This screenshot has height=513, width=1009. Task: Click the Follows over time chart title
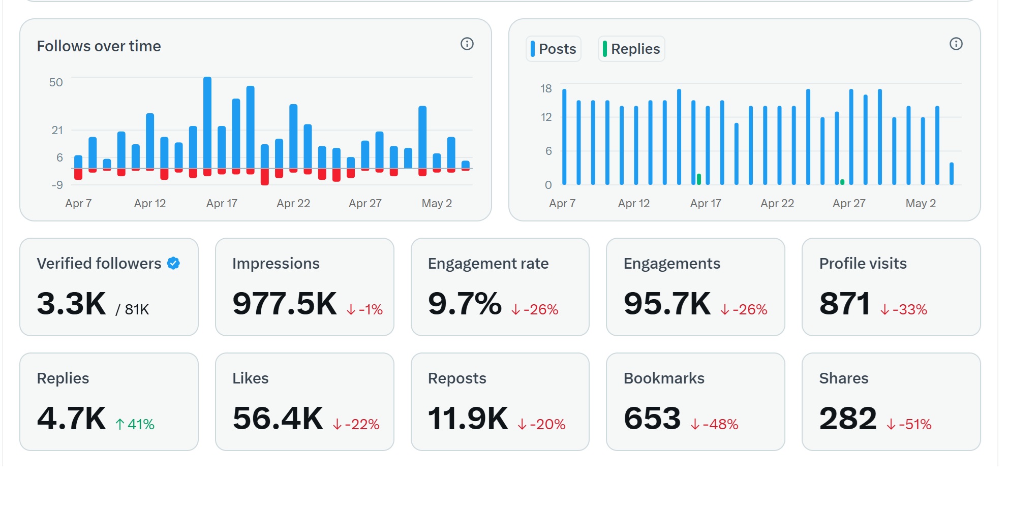point(99,46)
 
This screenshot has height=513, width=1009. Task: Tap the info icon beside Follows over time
point(467,44)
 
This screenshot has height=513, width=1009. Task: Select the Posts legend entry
point(553,49)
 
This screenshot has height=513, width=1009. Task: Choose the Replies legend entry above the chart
point(631,49)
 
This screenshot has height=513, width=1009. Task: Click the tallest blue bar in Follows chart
point(207,122)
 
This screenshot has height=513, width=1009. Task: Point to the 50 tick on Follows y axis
point(56,82)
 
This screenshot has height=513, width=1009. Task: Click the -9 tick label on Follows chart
point(57,185)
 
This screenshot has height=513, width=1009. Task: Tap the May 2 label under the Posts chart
point(921,204)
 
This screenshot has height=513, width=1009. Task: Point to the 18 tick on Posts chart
point(546,89)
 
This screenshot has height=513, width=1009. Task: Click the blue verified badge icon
point(173,263)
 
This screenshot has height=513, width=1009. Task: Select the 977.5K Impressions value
point(285,304)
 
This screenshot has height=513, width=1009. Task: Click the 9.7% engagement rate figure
point(465,304)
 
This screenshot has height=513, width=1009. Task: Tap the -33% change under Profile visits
point(904,309)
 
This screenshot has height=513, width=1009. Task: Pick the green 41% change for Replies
point(135,424)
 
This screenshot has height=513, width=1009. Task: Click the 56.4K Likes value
point(278,419)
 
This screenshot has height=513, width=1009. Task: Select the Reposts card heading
point(457,378)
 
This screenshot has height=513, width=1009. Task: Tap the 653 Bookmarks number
point(652,419)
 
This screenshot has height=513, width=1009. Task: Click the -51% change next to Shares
point(909,424)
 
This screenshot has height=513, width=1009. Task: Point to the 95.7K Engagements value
point(667,304)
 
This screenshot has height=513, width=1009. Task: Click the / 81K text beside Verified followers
point(132,310)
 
